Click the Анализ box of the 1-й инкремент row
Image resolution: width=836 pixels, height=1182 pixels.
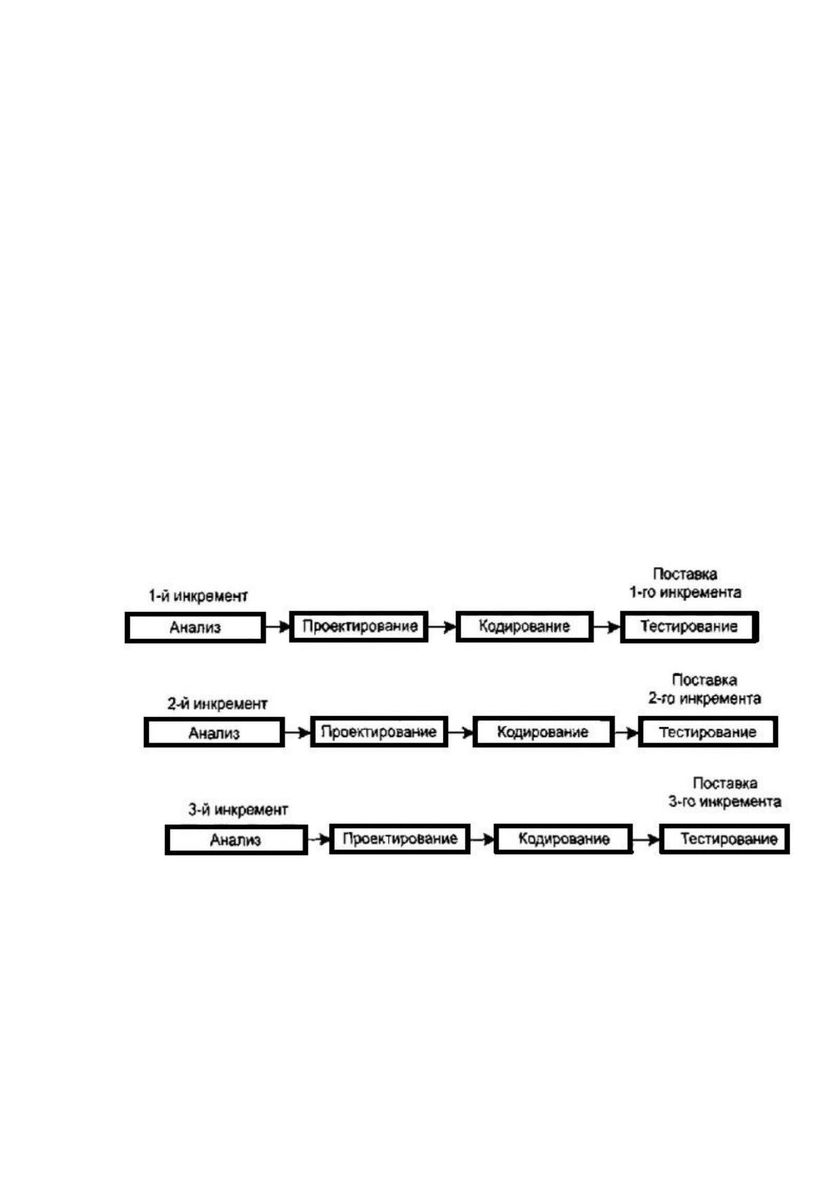(x=195, y=627)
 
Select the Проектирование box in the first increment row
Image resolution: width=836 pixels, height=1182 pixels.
(x=359, y=626)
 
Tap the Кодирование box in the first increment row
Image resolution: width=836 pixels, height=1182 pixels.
(x=524, y=626)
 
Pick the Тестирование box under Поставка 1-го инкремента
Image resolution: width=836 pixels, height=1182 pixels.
(x=689, y=626)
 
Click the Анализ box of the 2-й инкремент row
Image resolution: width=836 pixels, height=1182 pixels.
(x=214, y=732)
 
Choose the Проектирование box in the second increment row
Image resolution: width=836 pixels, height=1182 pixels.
(x=379, y=731)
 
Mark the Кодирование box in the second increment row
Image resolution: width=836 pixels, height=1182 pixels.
(x=543, y=731)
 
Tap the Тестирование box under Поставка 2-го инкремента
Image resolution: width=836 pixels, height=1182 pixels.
(x=708, y=731)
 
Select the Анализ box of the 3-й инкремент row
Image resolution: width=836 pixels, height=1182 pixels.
(x=236, y=839)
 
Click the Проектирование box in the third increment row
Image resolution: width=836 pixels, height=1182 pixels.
(x=399, y=839)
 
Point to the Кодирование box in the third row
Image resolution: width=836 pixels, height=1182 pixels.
(x=563, y=839)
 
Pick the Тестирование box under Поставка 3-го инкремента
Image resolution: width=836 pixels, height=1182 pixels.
(x=724, y=839)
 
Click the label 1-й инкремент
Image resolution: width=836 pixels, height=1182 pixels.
(x=198, y=597)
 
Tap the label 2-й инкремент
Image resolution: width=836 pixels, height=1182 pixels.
(x=218, y=703)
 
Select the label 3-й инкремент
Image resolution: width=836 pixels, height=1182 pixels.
(x=238, y=809)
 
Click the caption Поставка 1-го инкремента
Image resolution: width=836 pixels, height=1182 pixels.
(x=686, y=583)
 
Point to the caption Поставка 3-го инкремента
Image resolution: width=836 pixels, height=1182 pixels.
(x=724, y=792)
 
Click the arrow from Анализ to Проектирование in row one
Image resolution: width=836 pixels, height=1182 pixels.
(x=277, y=627)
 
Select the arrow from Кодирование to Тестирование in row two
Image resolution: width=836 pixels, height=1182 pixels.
(x=626, y=732)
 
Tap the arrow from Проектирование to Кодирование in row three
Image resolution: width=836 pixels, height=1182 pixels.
(x=482, y=839)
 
